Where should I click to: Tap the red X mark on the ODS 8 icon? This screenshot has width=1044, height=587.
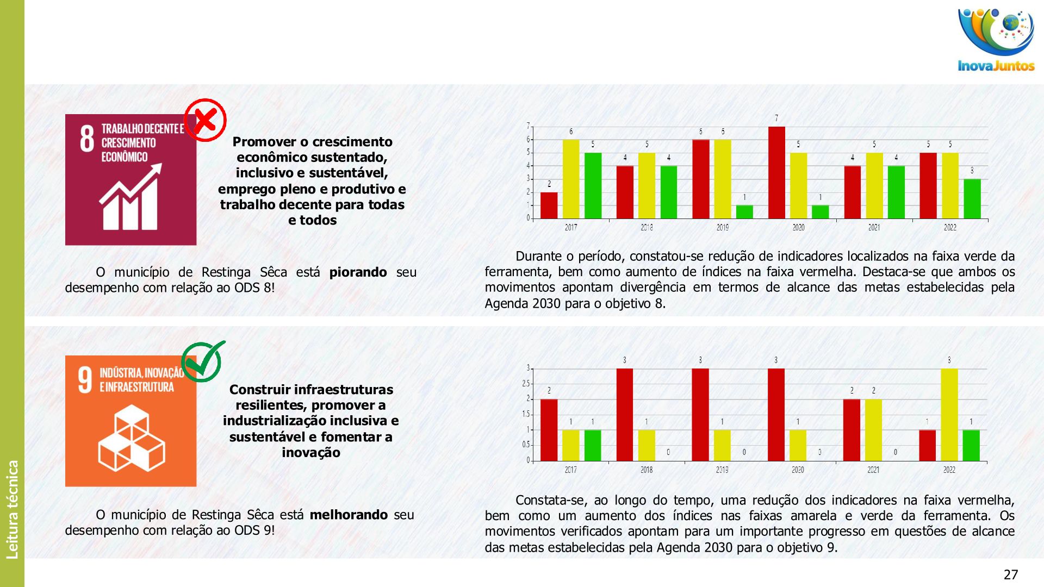(x=205, y=120)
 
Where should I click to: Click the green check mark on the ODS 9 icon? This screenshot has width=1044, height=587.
(x=203, y=361)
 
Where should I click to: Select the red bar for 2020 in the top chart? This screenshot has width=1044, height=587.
(x=776, y=173)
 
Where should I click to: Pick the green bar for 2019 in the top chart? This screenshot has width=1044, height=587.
(x=744, y=212)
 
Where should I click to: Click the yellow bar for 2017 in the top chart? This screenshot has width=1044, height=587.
(x=571, y=179)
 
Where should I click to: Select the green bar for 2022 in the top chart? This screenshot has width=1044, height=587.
(x=972, y=199)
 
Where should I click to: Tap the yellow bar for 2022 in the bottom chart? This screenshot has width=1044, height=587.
(x=949, y=415)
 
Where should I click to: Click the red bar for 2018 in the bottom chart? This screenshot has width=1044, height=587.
(x=625, y=415)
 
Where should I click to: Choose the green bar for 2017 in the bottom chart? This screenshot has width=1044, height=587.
(x=593, y=446)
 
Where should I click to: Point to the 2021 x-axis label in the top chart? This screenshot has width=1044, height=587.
(x=874, y=228)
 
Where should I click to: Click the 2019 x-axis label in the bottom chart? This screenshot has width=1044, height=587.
(x=722, y=470)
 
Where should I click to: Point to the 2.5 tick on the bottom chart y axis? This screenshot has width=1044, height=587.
(x=526, y=384)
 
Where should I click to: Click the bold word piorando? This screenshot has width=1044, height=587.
(x=358, y=272)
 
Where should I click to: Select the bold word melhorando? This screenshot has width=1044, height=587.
(x=349, y=515)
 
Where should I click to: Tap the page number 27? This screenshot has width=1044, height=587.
(x=1010, y=574)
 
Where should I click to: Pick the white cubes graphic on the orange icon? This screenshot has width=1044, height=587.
(x=132, y=438)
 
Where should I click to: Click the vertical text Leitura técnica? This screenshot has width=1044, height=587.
(x=13, y=509)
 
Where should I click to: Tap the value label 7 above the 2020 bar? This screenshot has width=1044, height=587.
(x=776, y=118)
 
